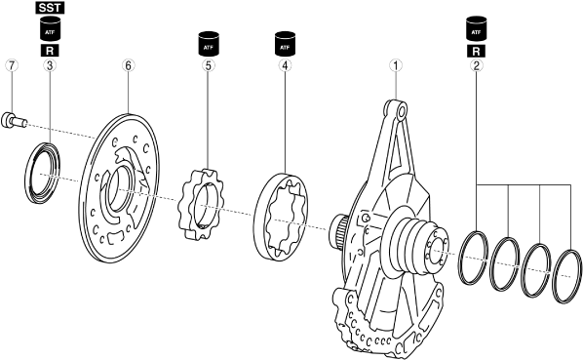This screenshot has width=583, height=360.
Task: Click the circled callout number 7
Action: [12, 65]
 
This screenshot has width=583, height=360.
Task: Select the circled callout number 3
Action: [50, 65]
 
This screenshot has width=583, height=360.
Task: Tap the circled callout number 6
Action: [128, 65]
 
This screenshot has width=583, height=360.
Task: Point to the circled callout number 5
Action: [209, 65]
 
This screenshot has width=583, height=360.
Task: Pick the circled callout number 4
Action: [285, 65]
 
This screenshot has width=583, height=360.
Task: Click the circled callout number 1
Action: [396, 65]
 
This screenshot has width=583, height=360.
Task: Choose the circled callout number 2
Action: [477, 65]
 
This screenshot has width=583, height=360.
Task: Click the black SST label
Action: [50, 8]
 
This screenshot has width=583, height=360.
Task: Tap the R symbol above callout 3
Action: [50, 51]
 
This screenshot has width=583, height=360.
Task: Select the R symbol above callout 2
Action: [477, 51]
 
